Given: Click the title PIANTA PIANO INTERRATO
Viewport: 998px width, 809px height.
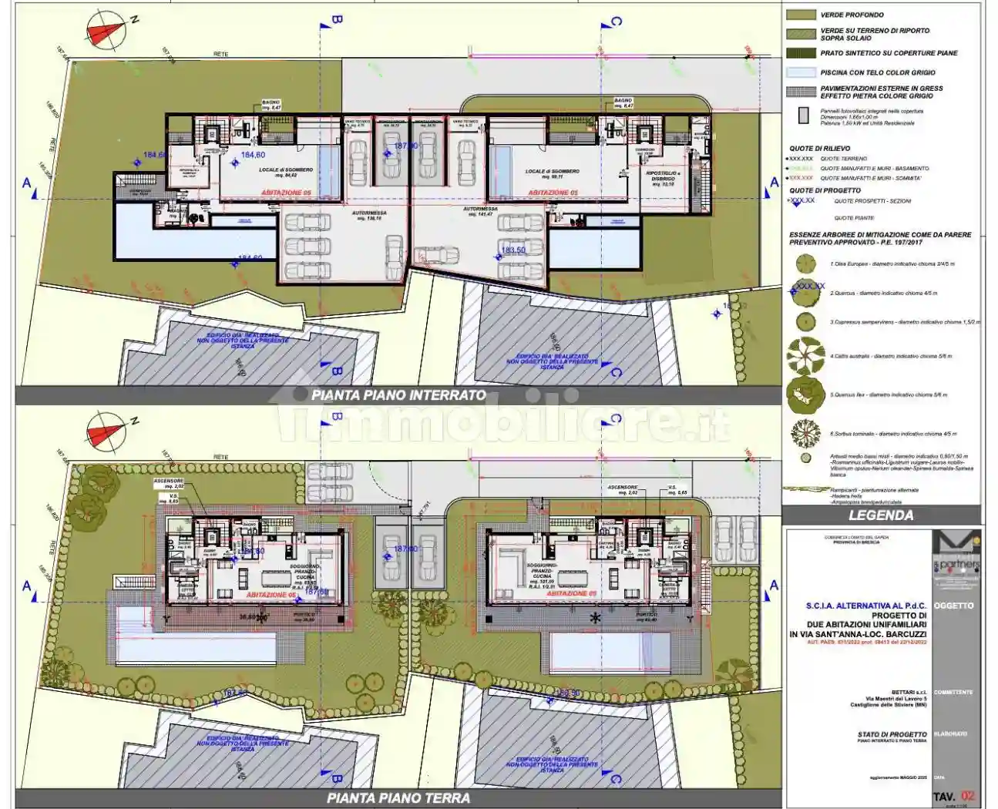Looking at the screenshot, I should coord(398,395).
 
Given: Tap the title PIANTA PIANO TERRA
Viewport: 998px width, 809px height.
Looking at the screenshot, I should coord(398,798).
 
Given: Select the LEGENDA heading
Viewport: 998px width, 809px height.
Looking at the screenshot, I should coord(881,515).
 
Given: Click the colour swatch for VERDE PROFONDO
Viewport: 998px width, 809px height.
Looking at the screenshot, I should coord(801,15).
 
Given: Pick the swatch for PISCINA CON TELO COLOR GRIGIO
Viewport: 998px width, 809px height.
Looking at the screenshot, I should coord(801,72).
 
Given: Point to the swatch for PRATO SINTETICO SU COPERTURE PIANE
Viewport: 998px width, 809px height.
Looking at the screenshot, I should coord(801,53).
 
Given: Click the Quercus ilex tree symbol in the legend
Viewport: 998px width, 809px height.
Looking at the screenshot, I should coord(805,394).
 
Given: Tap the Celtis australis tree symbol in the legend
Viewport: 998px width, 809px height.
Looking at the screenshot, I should coord(805,356).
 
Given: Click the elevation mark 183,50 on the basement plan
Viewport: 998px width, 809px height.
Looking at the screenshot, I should coord(512,250).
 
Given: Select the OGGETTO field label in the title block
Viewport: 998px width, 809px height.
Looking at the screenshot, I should coord(953,606).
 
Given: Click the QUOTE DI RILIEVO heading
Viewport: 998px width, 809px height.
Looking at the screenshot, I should coord(820,149).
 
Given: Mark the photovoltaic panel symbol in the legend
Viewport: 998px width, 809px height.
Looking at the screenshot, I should coord(804,116).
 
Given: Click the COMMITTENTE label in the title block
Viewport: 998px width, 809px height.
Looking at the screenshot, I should coord(953,692).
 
